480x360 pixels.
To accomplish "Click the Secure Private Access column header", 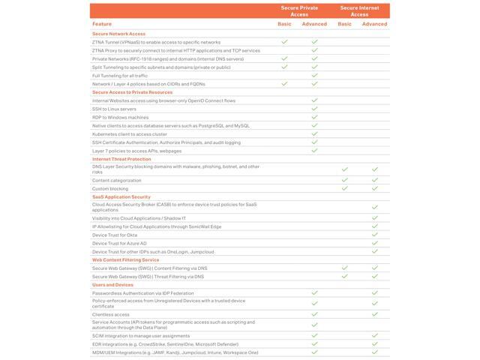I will (x=299, y=10).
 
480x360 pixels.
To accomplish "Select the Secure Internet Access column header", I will (x=359, y=10).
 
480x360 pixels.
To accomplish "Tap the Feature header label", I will (x=102, y=24).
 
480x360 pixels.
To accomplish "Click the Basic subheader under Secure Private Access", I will (x=284, y=24).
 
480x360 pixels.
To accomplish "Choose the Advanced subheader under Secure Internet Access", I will (x=375, y=24).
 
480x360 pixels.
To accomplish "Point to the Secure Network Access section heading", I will (x=119, y=34).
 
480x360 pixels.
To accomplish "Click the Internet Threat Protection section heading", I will (x=121, y=159).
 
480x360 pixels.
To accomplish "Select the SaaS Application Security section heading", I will (x=121, y=196).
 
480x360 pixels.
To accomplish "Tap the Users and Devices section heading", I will (x=112, y=285).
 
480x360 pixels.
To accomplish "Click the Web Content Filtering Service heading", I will (x=125, y=259).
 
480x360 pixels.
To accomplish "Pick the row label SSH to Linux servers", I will (x=114, y=109).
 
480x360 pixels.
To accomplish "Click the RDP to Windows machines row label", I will (x=120, y=117).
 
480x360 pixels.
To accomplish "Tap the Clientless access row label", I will (x=111, y=314).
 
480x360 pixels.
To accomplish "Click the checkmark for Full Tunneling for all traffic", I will (x=315, y=75).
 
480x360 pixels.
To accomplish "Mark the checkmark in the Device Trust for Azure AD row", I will (x=375, y=243).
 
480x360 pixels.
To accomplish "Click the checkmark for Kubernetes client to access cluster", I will (x=315, y=133).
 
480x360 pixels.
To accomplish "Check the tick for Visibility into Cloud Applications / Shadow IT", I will (x=375, y=217).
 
